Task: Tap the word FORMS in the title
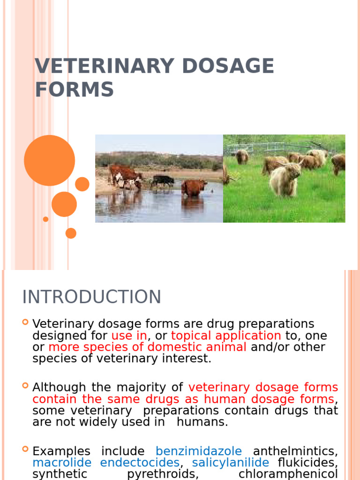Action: [74, 90]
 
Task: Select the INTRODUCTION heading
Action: [92, 297]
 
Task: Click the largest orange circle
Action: [49, 160]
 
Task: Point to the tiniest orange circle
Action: [45, 219]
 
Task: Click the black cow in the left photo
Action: [163, 180]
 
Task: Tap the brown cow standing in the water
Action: [194, 187]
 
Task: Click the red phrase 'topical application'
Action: [226, 336]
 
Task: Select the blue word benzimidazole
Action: [199, 451]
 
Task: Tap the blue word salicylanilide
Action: [231, 463]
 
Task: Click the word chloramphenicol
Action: [288, 474]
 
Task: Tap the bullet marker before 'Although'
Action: [25, 386]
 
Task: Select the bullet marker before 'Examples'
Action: [25, 450]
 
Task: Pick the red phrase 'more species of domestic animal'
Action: [147, 347]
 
